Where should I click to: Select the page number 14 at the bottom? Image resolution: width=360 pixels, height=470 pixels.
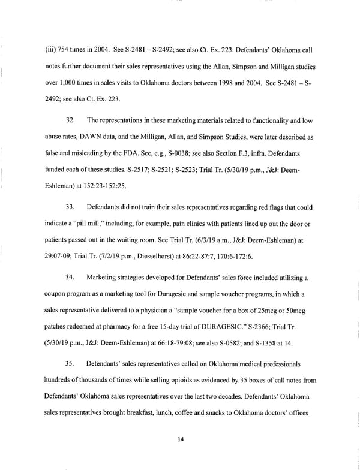(x=179, y=439)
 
